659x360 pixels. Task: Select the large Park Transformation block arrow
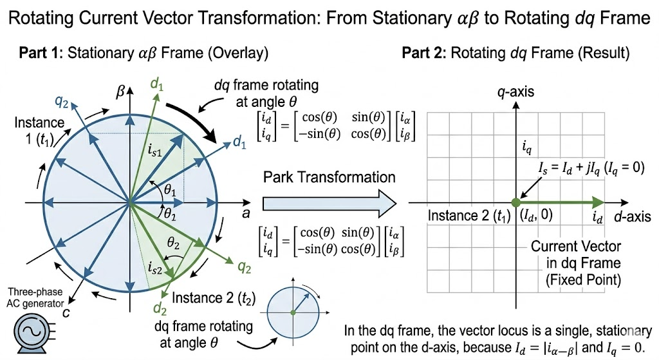329,204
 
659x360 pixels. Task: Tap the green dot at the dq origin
515,203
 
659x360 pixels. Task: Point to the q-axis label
515,91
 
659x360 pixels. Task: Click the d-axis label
632,216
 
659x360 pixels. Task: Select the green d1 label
157,84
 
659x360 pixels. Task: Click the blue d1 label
239,143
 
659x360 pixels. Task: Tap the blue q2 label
62,101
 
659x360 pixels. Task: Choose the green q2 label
244,267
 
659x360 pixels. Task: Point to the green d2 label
160,308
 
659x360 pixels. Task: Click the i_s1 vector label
154,151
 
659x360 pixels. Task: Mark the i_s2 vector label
155,267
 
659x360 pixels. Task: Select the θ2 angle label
173,243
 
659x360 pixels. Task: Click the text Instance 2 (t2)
214,298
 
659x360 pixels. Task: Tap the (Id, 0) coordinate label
536,215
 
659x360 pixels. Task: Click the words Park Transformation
329,177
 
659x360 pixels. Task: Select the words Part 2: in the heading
424,53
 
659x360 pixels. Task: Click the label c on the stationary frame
66,312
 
